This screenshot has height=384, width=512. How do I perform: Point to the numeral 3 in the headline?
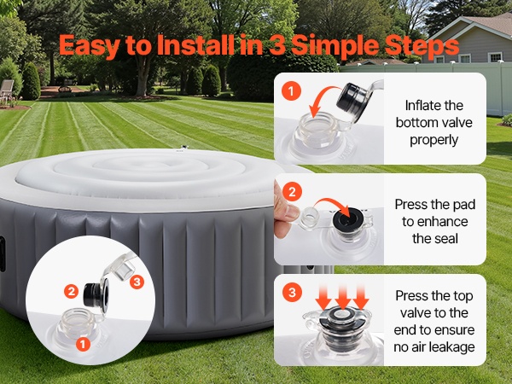point(276,44)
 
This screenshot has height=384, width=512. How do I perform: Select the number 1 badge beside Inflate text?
point(291,90)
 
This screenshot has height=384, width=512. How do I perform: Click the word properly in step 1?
point(434,140)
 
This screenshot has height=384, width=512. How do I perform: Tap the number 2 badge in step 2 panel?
point(292,191)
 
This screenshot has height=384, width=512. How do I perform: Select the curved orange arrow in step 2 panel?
point(333,204)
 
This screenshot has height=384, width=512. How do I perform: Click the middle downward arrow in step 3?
point(342,296)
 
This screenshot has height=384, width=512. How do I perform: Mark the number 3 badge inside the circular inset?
point(137,282)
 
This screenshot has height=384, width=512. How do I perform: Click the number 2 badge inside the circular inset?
point(71,291)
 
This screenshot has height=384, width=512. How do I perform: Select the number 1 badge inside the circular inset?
point(83,344)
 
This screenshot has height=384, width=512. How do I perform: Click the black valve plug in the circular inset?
point(96,295)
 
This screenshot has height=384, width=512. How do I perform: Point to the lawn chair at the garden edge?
point(6,89)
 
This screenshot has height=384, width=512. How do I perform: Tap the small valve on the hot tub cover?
point(183,148)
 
